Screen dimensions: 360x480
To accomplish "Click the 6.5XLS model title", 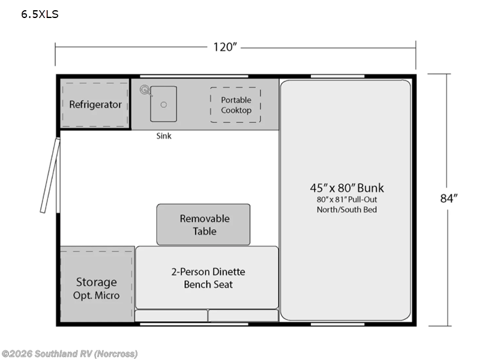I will pos(40,14).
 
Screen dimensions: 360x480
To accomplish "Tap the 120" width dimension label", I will pos(226,47).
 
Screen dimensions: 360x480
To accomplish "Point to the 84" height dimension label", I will pos(449,199).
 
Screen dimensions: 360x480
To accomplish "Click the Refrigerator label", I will pos(95,104).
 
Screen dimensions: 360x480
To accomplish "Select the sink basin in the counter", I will pos(163,104).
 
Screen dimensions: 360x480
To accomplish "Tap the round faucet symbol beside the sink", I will pos(145,91).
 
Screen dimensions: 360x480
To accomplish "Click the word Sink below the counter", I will pos(164,136).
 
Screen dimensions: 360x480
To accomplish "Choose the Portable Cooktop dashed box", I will pos(236,105).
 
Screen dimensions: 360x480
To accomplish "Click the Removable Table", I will pos(204,224).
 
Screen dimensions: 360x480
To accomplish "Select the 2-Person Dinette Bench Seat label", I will pos(208,278).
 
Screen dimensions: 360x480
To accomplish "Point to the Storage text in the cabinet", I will pos(96,282).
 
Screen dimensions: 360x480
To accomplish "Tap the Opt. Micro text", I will pos(96,295).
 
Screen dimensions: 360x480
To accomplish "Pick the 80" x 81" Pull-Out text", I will pos(347,199).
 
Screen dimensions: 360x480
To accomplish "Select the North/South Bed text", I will pos(347,209).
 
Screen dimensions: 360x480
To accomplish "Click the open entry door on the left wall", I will pos(50,175).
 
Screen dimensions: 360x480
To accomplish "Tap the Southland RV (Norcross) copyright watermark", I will pos(70,353).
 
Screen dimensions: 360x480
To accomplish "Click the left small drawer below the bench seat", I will pos(171,316).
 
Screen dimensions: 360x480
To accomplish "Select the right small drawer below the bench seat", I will pos(243,316).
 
